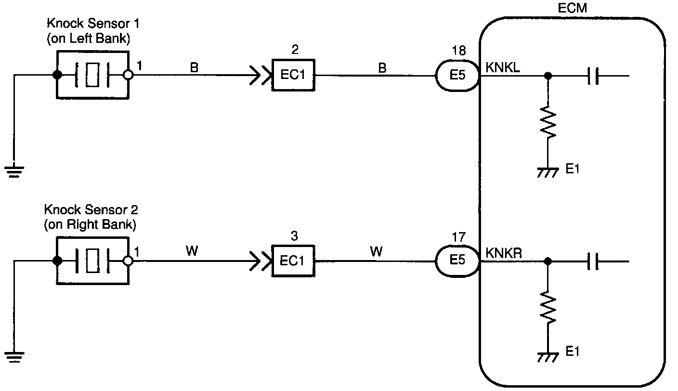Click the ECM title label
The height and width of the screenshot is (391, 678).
(x=572, y=8)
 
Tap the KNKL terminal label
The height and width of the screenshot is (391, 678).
(x=502, y=67)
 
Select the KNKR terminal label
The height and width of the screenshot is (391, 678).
(x=504, y=253)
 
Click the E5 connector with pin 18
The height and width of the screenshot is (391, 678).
(x=457, y=75)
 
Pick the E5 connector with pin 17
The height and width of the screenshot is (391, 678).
(x=457, y=261)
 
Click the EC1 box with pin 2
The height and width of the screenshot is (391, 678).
(x=293, y=75)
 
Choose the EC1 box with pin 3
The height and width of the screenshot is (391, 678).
(x=293, y=261)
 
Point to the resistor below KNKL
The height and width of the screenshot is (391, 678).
(x=548, y=122)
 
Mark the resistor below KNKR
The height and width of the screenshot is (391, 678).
(x=548, y=308)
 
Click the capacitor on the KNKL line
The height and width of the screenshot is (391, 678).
(x=593, y=76)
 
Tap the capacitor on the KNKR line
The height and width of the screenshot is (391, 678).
(x=593, y=261)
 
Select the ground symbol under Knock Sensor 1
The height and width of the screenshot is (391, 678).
(x=14, y=171)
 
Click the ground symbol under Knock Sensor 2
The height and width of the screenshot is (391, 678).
(x=14, y=357)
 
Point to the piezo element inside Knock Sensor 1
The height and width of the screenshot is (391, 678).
(x=92, y=75)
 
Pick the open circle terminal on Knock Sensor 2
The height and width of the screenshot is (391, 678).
(x=129, y=261)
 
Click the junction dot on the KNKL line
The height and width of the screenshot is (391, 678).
(x=548, y=76)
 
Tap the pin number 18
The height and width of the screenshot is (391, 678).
(x=458, y=51)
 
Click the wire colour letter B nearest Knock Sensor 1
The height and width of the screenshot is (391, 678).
(x=194, y=67)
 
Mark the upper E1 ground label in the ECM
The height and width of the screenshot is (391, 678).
(x=572, y=169)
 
